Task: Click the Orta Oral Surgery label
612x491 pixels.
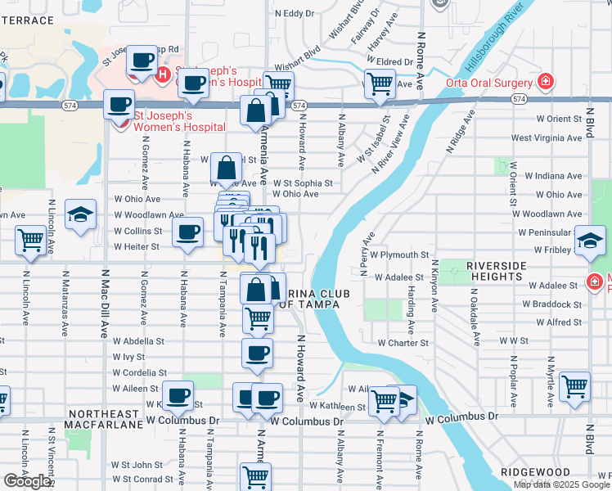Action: click(489, 82)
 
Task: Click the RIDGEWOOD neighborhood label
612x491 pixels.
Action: click(536, 472)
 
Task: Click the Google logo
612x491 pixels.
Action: click(27, 481)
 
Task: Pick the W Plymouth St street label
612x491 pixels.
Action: click(400, 255)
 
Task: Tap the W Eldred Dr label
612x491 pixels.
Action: click(389, 61)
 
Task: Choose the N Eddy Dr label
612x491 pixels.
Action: click(295, 13)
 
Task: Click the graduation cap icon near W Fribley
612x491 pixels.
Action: click(590, 239)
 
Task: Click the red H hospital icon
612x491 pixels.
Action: click(162, 74)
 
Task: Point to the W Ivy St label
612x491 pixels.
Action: click(128, 357)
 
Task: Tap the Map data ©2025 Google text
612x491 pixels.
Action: click(562, 484)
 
